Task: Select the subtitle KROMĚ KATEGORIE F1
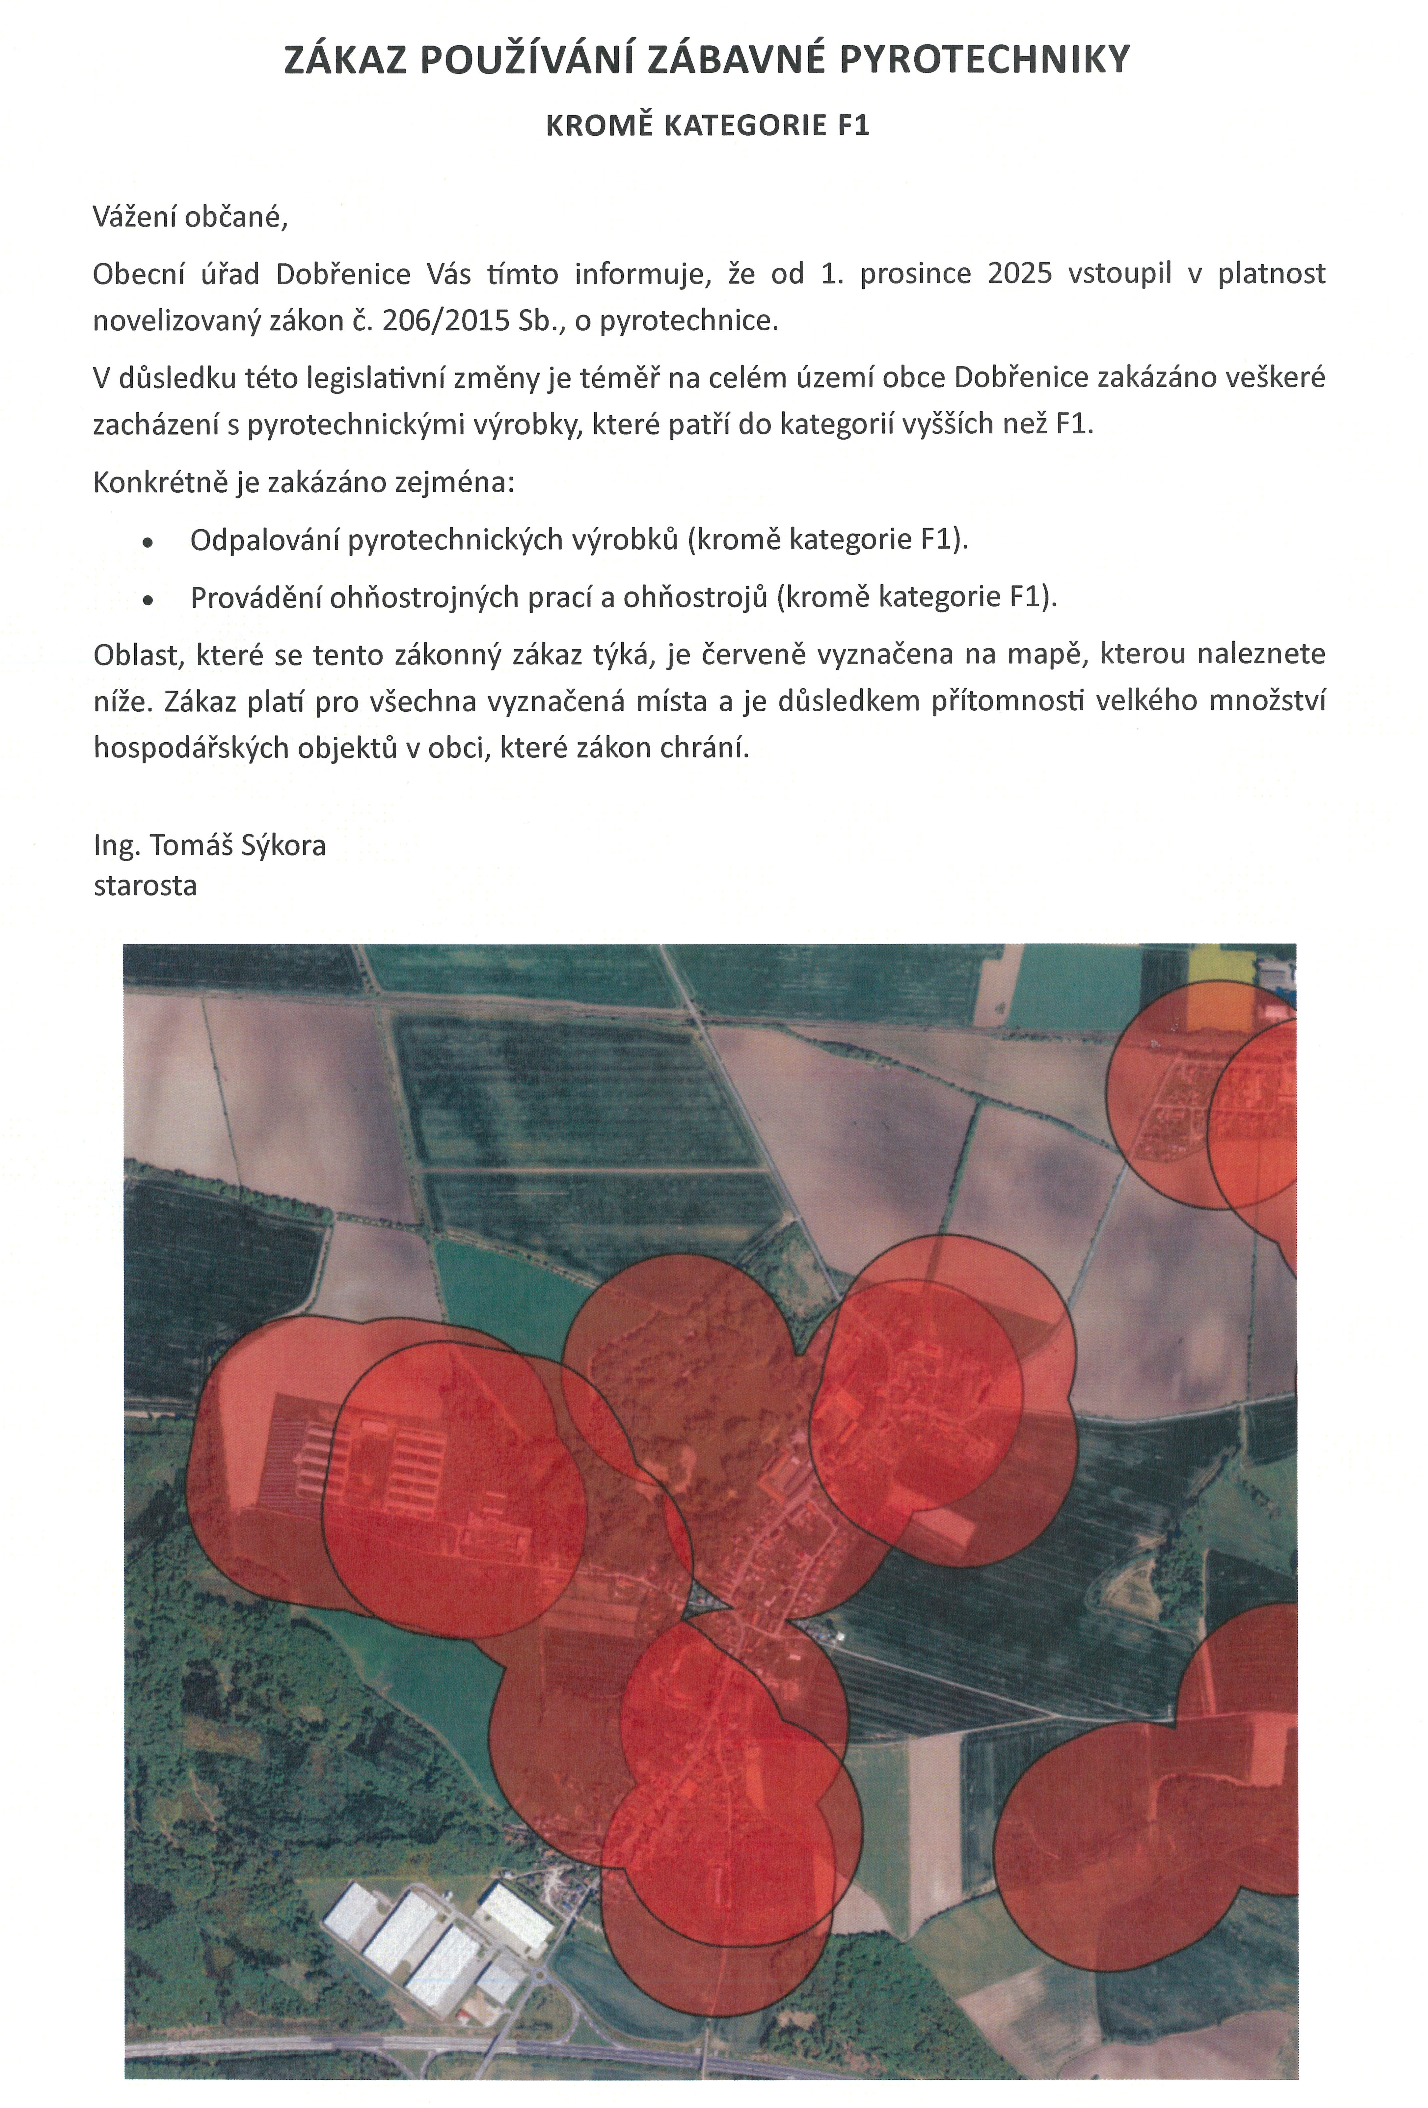coord(707,125)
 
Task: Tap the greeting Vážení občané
coord(190,218)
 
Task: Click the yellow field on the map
coord(1220,963)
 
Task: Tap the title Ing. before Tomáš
coord(117,846)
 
